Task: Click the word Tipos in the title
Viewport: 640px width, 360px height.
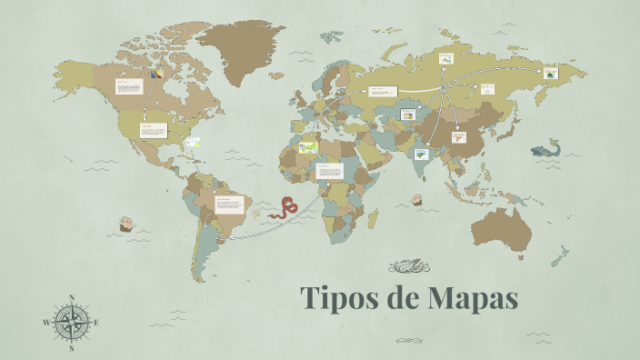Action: click(338, 298)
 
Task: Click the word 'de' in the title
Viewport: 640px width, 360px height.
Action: click(401, 298)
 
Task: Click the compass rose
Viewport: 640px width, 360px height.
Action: click(72, 322)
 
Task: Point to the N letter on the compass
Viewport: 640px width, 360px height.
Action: click(72, 297)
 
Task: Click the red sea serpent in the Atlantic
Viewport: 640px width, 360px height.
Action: click(285, 207)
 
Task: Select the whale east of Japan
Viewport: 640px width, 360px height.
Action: click(545, 147)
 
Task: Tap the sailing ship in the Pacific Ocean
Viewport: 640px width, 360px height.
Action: click(127, 223)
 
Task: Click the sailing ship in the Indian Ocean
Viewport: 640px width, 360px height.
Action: click(417, 198)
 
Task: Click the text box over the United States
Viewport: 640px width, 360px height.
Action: click(153, 130)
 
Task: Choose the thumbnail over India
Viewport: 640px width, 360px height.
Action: click(420, 154)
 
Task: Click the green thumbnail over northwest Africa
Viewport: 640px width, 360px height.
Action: click(309, 145)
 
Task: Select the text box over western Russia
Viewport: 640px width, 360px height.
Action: click(383, 91)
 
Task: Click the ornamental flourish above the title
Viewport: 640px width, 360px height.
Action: click(405, 266)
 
